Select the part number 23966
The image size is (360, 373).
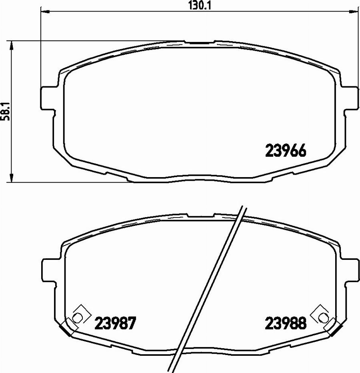[286, 151]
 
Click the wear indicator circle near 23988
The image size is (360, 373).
[322, 317]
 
